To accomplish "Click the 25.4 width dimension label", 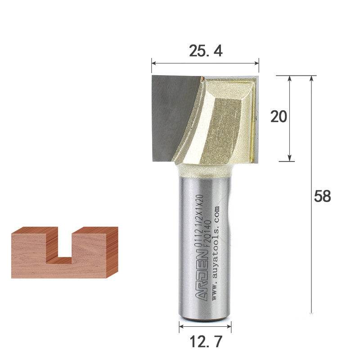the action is tap(206, 51).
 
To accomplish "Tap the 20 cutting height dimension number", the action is tap(279, 117).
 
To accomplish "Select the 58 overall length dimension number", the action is tap(323, 196).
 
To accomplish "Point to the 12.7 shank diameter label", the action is tap(206, 342).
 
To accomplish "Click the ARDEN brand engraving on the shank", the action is tap(202, 276).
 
